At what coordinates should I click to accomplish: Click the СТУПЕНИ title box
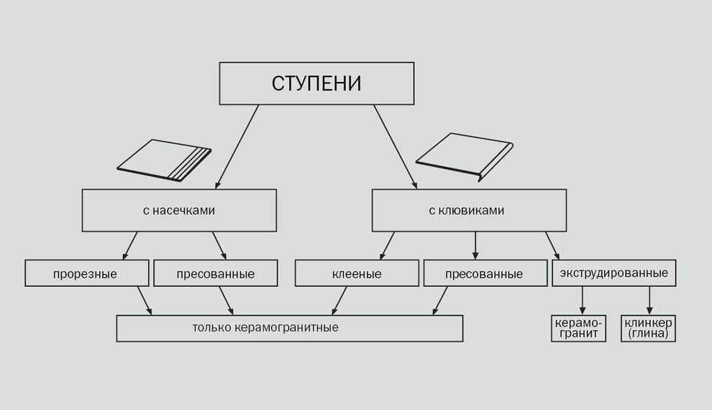[x=316, y=83]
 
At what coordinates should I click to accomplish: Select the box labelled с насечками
[x=179, y=211]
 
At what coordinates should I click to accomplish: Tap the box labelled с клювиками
[x=468, y=211]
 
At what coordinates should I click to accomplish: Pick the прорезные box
[x=86, y=273]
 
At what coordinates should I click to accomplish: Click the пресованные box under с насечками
[x=216, y=273]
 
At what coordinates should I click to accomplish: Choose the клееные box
[x=357, y=273]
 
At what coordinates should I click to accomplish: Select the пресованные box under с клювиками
[x=485, y=273]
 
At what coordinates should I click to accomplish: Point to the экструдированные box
[x=613, y=273]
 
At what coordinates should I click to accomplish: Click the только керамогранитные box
[x=289, y=328]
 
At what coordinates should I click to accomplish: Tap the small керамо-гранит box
[x=578, y=328]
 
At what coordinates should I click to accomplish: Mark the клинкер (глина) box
[x=648, y=328]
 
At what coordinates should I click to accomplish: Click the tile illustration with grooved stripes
[x=165, y=160]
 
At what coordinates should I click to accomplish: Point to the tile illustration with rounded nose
[x=464, y=155]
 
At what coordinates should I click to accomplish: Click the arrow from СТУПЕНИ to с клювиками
[x=395, y=147]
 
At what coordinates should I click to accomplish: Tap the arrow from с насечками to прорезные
[x=129, y=245]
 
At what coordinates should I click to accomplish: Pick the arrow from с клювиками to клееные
[x=387, y=245]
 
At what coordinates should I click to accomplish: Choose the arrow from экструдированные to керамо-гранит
[x=583, y=301]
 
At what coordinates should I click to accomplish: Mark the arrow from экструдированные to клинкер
[x=649, y=301]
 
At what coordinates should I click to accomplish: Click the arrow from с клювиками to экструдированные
[x=552, y=245]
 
